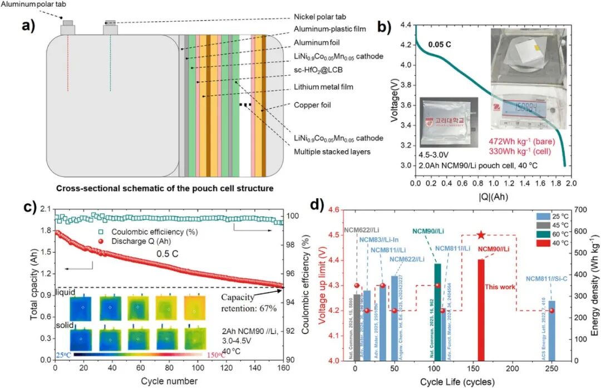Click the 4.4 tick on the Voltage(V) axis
click(x=405, y=26)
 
